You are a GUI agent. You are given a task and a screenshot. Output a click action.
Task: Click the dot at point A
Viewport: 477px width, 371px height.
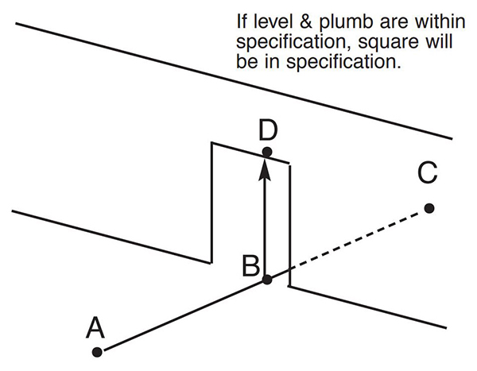[x=97, y=351]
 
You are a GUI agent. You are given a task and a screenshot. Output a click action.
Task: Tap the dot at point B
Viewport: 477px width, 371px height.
[x=267, y=280]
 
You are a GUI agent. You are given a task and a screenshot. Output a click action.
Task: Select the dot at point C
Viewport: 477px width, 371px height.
[x=429, y=208]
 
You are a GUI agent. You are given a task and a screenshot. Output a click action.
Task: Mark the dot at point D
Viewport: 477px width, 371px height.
[x=267, y=151]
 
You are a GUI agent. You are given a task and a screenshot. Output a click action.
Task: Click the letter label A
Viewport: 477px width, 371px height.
[x=95, y=327]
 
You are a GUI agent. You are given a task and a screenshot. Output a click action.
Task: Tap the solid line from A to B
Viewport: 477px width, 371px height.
[x=183, y=315]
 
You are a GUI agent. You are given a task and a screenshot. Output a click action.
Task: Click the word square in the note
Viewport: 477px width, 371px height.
[x=368, y=41]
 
